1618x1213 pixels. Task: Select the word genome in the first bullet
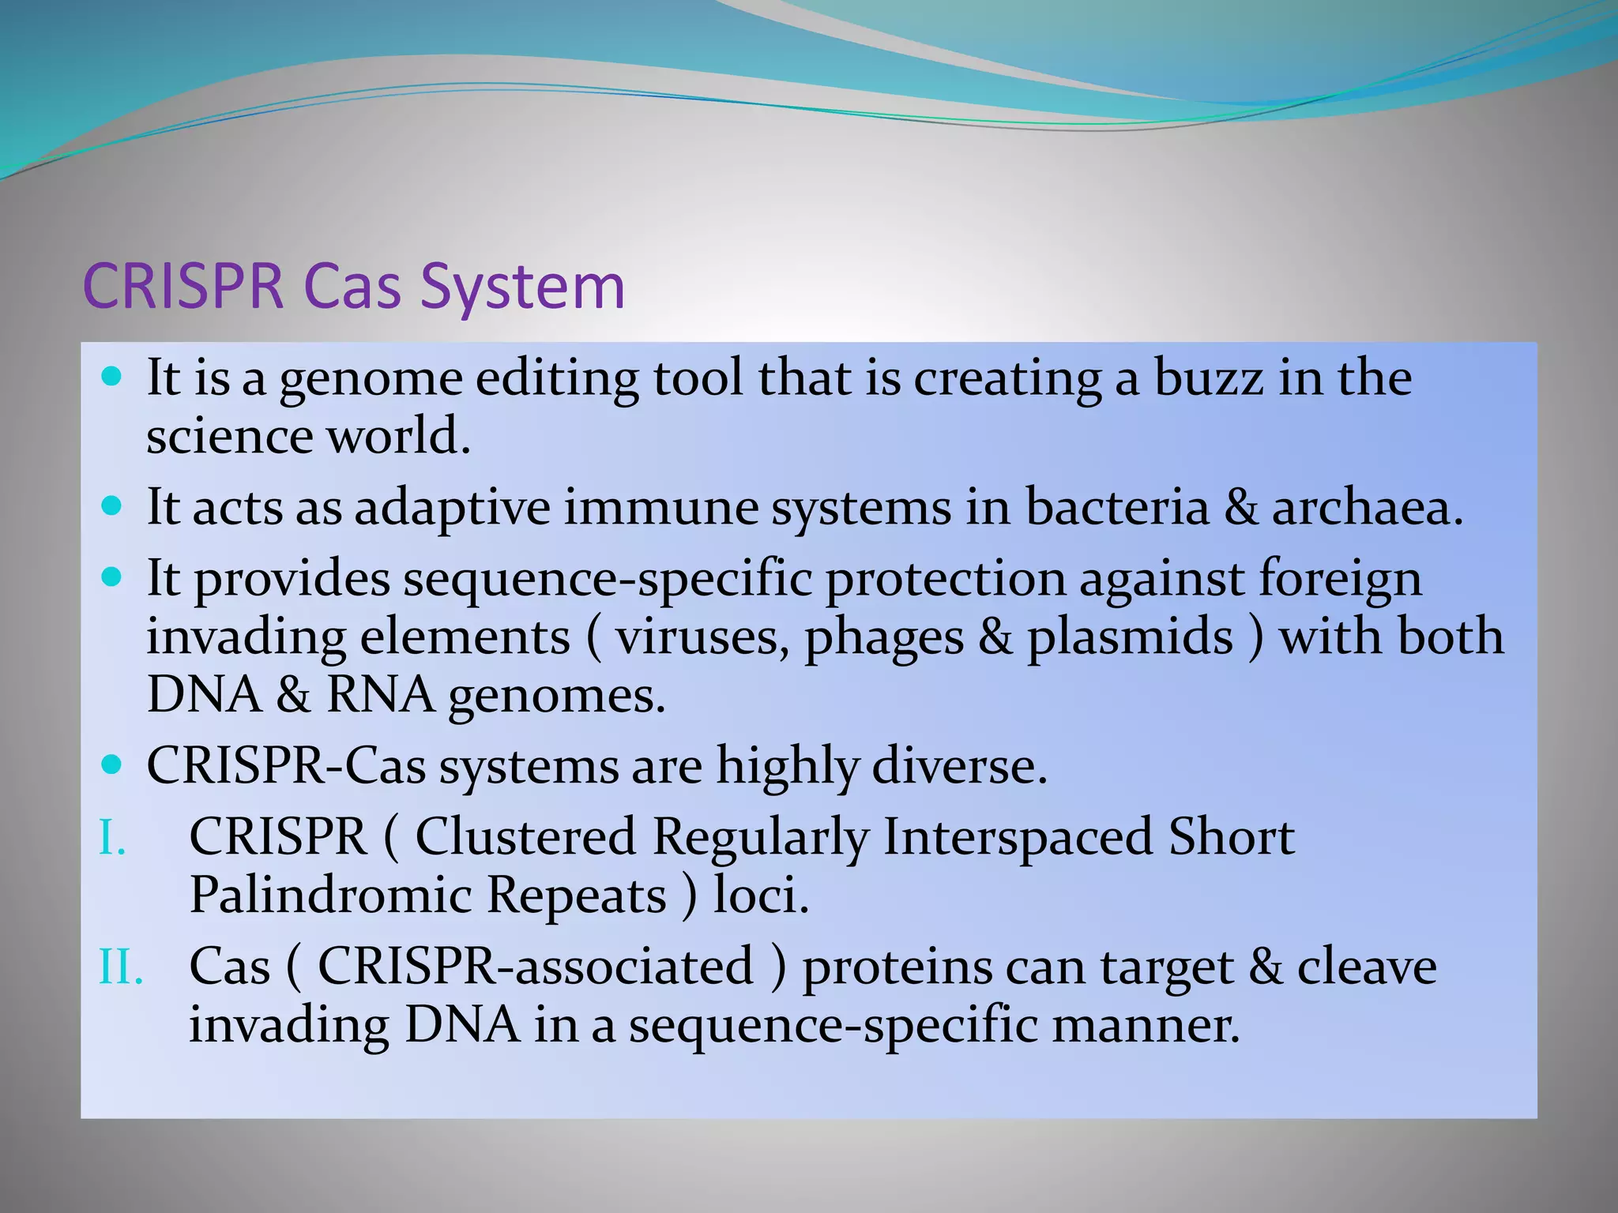[x=371, y=379]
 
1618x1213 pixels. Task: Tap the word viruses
[x=702, y=637]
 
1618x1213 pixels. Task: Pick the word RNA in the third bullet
[x=380, y=695]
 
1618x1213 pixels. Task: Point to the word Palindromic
[x=330, y=895]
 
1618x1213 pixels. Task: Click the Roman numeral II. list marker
[x=121, y=967]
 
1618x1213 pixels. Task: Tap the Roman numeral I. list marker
[x=112, y=837]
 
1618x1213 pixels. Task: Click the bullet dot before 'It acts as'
[x=112, y=505]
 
